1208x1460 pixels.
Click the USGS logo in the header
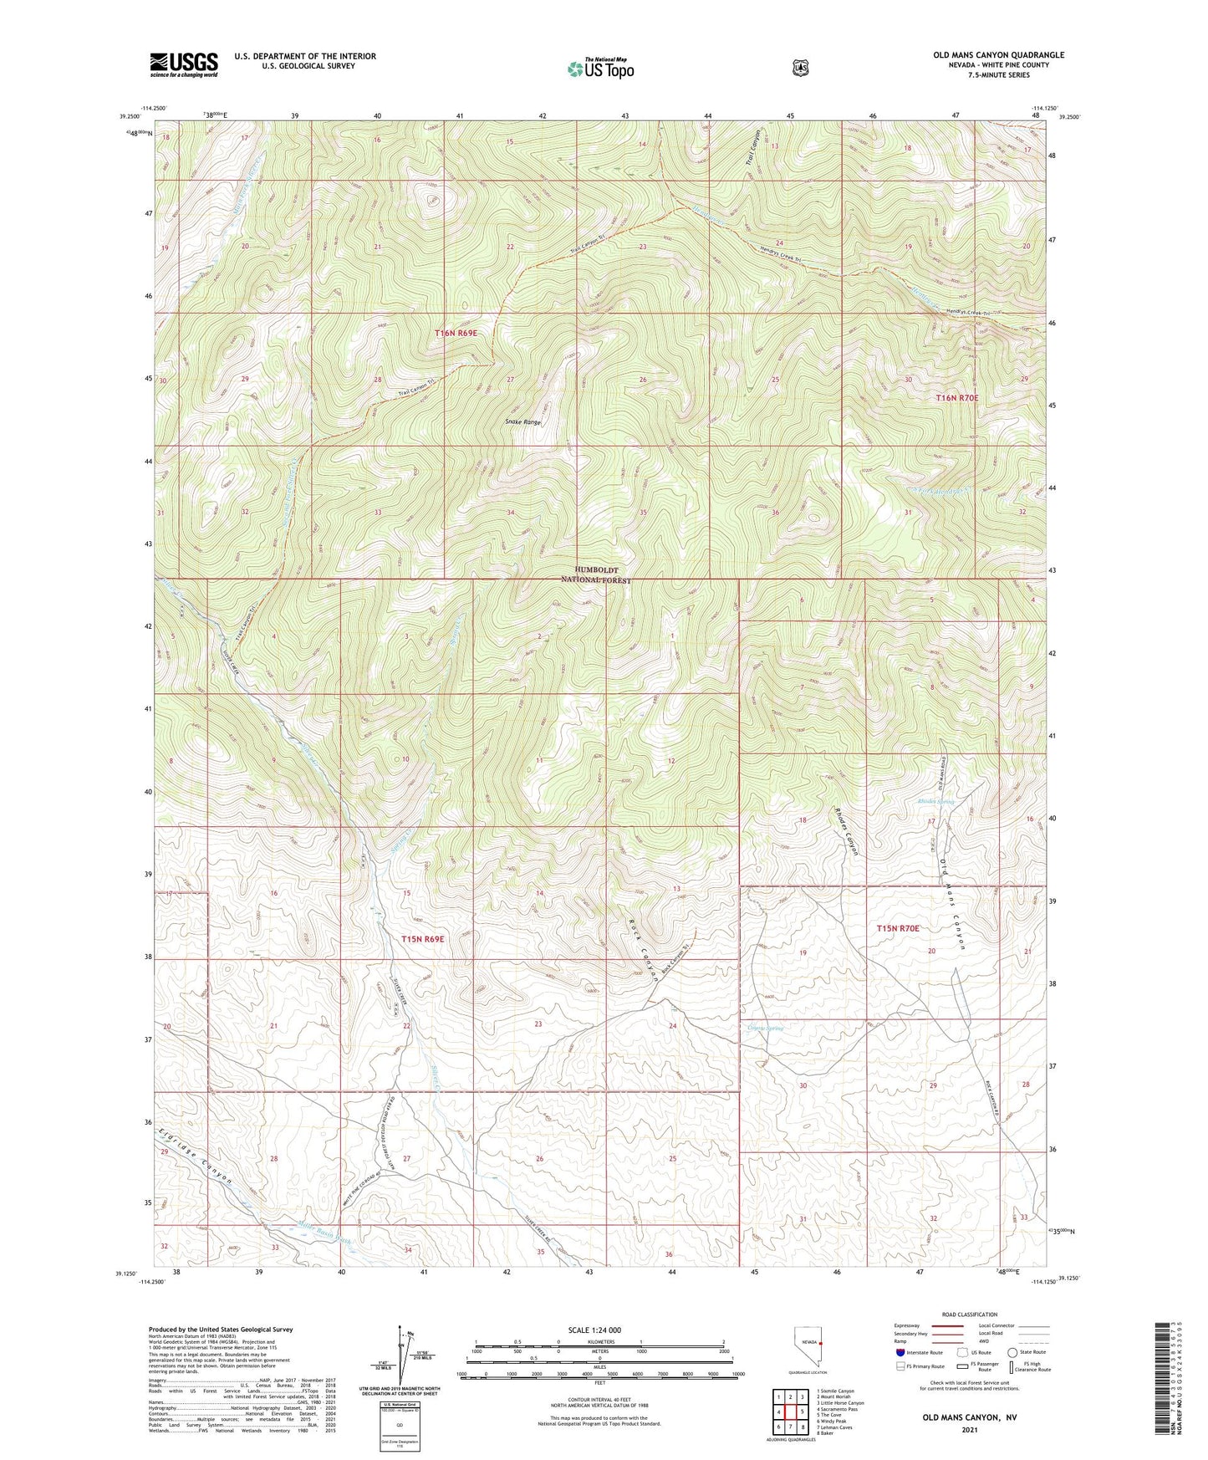[x=183, y=64]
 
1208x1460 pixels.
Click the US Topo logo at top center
[x=599, y=69]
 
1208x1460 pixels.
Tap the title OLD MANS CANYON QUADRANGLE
[x=998, y=55]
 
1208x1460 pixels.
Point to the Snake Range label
[x=523, y=422]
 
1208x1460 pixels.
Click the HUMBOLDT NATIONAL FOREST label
[x=595, y=574]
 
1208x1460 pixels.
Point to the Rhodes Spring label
[x=935, y=802]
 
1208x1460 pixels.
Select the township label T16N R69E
[x=456, y=333]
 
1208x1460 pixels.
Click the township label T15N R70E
[x=897, y=928]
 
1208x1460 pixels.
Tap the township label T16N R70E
[x=956, y=398]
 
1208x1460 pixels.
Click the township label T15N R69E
[x=422, y=939]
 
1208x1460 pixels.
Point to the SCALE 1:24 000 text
[x=594, y=1330]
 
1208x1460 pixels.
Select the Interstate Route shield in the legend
[x=900, y=1351]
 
